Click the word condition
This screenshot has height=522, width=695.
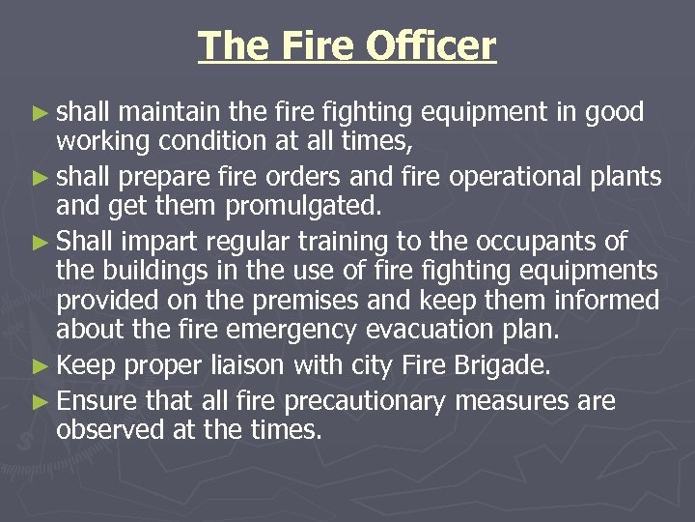(208, 141)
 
